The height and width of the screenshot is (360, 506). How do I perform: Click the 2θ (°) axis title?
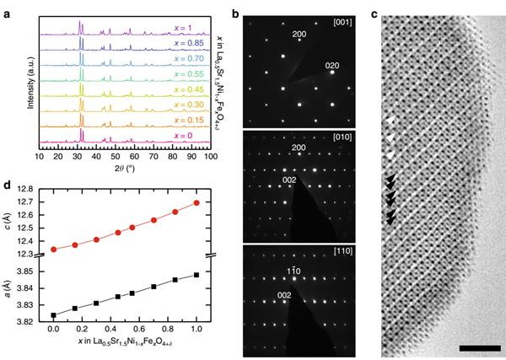124,169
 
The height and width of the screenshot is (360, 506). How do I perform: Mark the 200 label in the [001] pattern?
299,35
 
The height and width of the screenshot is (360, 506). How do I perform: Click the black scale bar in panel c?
476,347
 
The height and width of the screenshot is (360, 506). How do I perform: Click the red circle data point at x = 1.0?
196,202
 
